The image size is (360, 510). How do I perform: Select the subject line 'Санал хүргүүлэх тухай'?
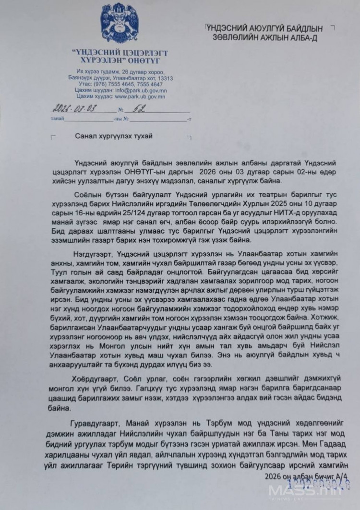tap(114, 136)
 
